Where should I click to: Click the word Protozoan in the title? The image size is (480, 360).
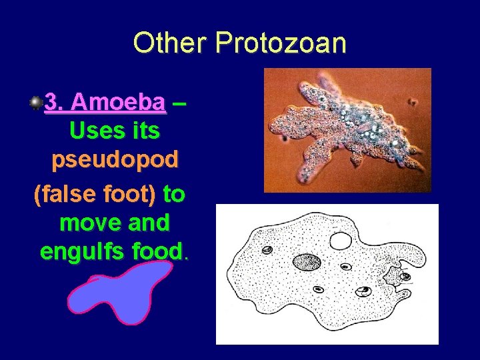(281, 43)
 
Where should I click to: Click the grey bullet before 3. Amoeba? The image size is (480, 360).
(35, 103)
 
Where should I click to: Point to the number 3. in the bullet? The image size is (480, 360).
(54, 103)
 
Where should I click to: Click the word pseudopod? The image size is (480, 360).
(115, 160)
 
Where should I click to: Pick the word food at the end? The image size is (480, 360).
(157, 252)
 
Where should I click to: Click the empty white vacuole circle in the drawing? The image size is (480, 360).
(341, 241)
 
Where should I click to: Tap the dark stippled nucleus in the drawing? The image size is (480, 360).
(307, 262)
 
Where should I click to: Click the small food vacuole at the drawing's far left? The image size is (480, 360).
(267, 251)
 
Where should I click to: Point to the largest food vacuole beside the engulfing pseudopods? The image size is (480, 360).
(363, 291)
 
